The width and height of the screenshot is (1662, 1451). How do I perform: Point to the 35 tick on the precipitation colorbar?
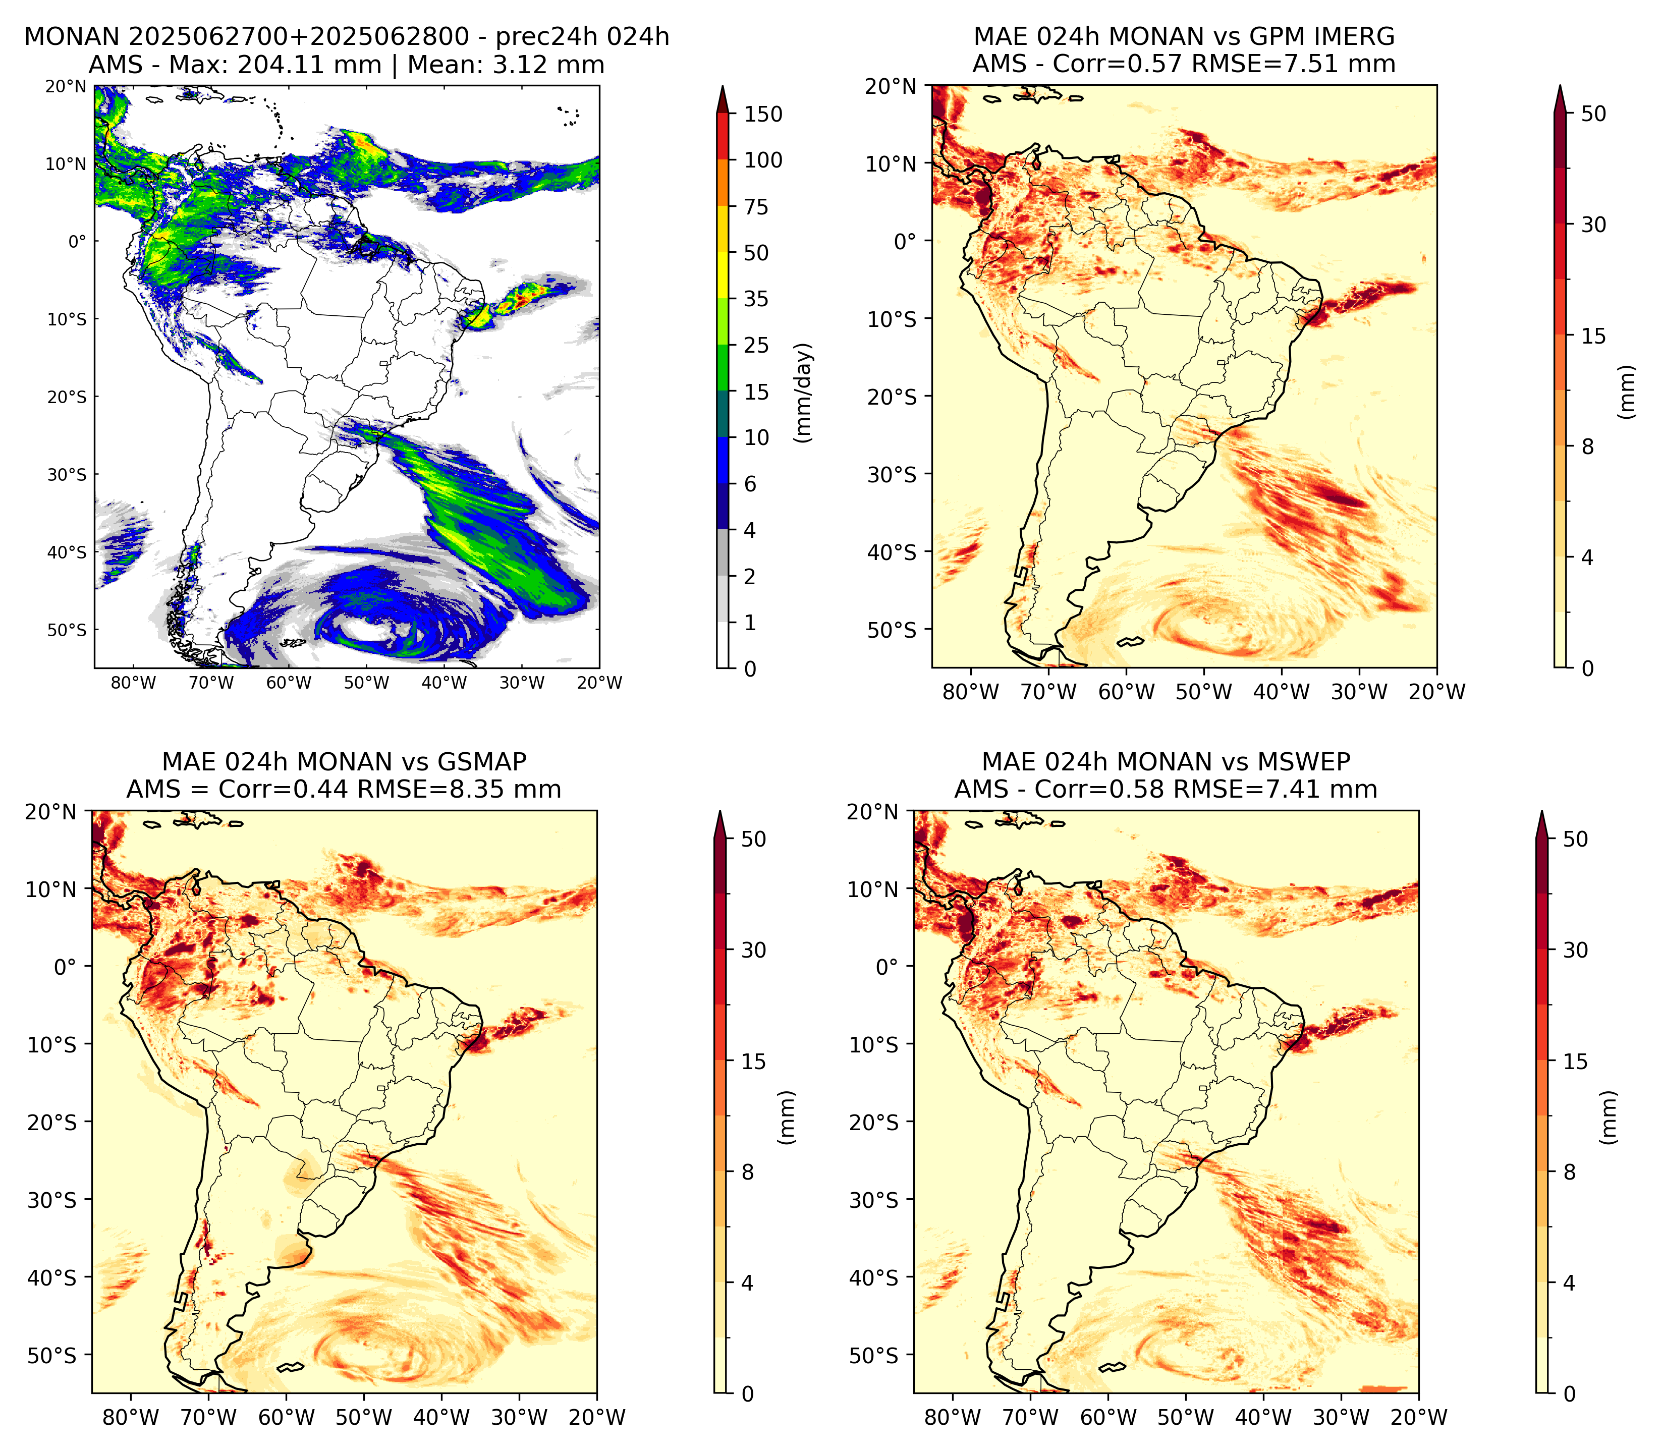click(x=756, y=299)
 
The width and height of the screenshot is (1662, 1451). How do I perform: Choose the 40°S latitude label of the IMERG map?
click(x=892, y=551)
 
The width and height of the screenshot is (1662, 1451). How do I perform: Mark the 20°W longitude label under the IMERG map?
click(x=1437, y=692)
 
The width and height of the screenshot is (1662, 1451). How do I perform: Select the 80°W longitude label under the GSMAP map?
click(x=131, y=1417)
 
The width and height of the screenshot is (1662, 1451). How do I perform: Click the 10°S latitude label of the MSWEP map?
click(x=874, y=1044)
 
